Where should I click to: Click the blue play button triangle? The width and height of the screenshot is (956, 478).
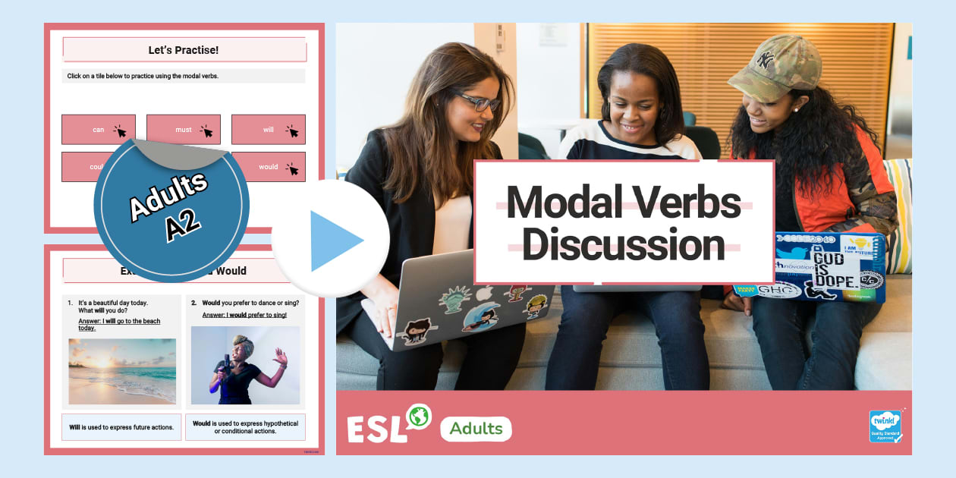(x=334, y=241)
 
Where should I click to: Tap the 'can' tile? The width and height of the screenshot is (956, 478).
(x=99, y=130)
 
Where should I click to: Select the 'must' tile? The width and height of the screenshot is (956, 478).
(x=184, y=130)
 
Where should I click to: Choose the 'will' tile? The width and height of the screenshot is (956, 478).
(x=269, y=130)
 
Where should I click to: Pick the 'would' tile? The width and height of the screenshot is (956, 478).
(x=269, y=167)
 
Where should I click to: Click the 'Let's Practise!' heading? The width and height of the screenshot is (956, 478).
(x=184, y=50)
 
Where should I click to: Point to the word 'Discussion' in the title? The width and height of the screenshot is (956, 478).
(x=623, y=245)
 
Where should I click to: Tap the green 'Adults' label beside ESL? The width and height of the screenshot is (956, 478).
(x=476, y=429)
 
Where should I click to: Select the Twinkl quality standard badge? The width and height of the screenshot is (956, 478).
(x=885, y=426)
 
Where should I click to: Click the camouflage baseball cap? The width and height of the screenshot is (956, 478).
(x=766, y=65)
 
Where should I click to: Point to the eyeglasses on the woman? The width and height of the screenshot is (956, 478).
(x=477, y=102)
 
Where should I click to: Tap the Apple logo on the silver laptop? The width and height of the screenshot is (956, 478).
(x=483, y=292)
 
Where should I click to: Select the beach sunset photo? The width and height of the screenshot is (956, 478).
(x=122, y=371)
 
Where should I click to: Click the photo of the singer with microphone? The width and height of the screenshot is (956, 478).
(x=245, y=365)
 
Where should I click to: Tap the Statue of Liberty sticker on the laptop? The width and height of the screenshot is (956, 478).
(x=454, y=298)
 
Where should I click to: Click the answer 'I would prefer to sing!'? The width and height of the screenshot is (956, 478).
(x=244, y=315)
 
